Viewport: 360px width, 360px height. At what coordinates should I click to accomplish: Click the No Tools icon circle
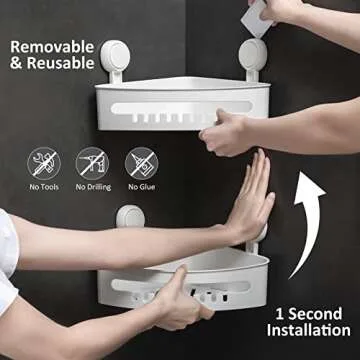43,162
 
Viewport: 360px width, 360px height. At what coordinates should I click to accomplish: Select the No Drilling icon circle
92,162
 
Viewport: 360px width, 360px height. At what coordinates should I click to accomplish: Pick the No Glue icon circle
140,162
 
